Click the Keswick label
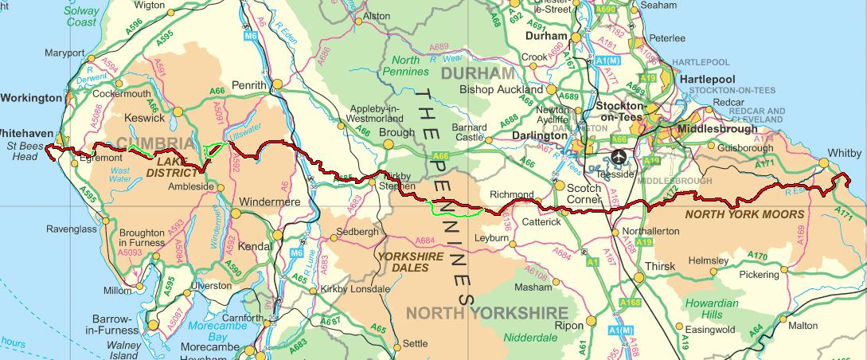pos(145,118)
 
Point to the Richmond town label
pos(511,194)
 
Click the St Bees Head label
pos(22,151)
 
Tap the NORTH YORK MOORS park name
pos(744,214)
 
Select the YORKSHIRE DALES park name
pos(409,262)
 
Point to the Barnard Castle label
pos(468,131)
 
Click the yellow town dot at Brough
pos(388,144)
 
